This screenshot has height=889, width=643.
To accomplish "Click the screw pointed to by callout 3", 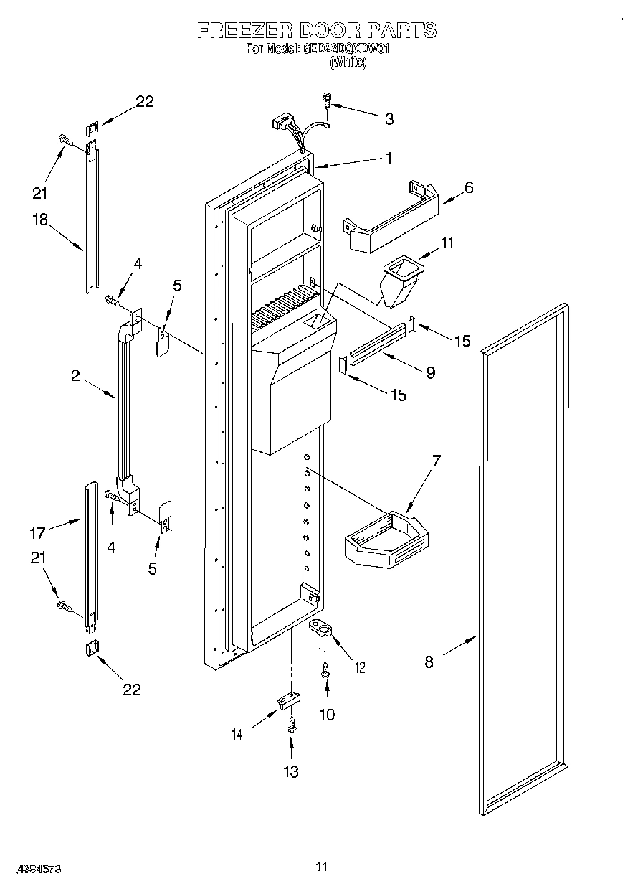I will click(327, 100).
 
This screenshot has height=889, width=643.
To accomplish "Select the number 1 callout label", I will click(389, 159).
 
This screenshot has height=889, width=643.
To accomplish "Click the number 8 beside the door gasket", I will click(429, 661).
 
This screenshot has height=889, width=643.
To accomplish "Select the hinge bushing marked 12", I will click(323, 629).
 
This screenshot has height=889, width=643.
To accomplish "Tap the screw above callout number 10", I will click(325, 669).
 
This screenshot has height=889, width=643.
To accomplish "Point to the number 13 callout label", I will click(290, 772).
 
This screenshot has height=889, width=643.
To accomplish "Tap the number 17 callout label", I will click(37, 532).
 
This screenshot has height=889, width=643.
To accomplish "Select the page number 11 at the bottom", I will click(321, 867).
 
